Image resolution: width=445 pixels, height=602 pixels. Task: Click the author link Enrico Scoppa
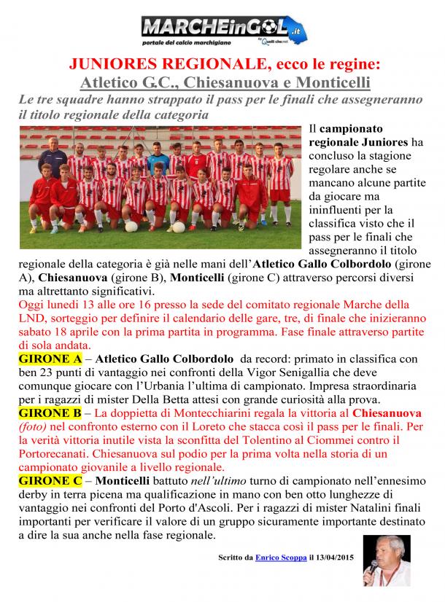tap(280, 558)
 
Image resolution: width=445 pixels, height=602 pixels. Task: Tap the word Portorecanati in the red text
tap(55, 454)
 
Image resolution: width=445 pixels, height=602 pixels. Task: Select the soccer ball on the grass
tap(131, 226)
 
